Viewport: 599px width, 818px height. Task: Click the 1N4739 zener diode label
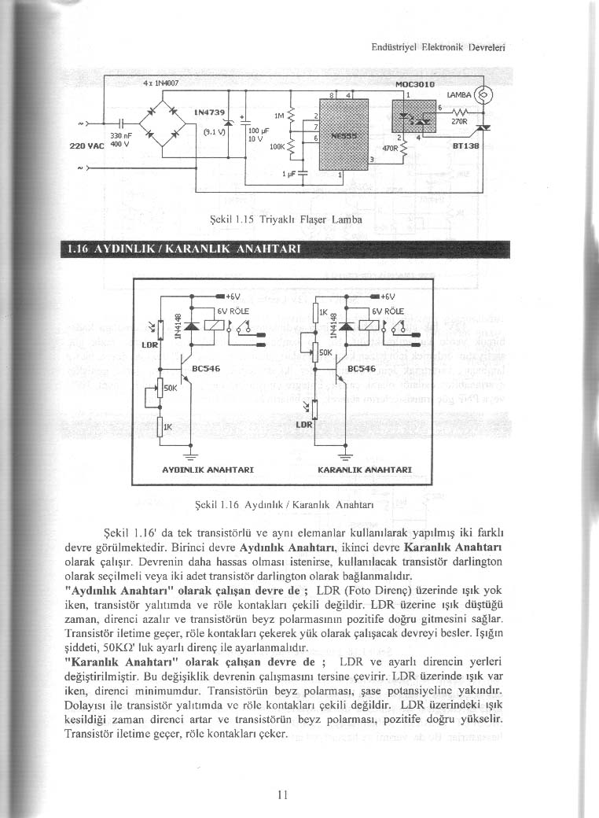click(x=207, y=112)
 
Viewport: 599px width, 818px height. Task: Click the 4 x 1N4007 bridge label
click(x=161, y=81)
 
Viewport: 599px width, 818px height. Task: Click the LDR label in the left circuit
click(x=150, y=344)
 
